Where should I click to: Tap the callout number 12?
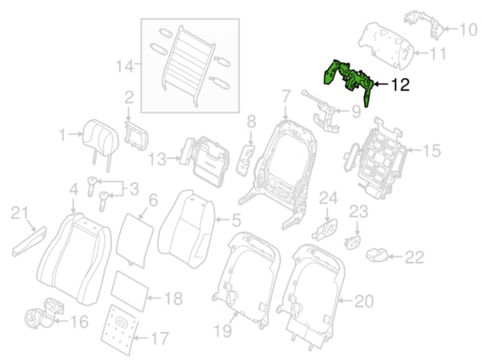[x=400, y=85]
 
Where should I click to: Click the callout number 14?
[x=125, y=67]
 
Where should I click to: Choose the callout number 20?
[x=364, y=301]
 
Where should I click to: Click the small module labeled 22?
[x=378, y=255]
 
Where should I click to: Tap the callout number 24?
[x=329, y=198]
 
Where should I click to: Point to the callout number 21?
[x=19, y=213]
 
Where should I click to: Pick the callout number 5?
[x=236, y=220]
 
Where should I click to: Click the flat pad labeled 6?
[x=135, y=240]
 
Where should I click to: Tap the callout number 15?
[x=431, y=151]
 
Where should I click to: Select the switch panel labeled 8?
[x=245, y=160]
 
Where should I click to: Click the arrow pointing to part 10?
[x=451, y=29]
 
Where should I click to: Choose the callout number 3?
[x=135, y=189]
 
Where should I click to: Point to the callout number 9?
[x=356, y=111]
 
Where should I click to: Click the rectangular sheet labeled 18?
[x=131, y=290]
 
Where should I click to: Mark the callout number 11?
[x=438, y=54]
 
